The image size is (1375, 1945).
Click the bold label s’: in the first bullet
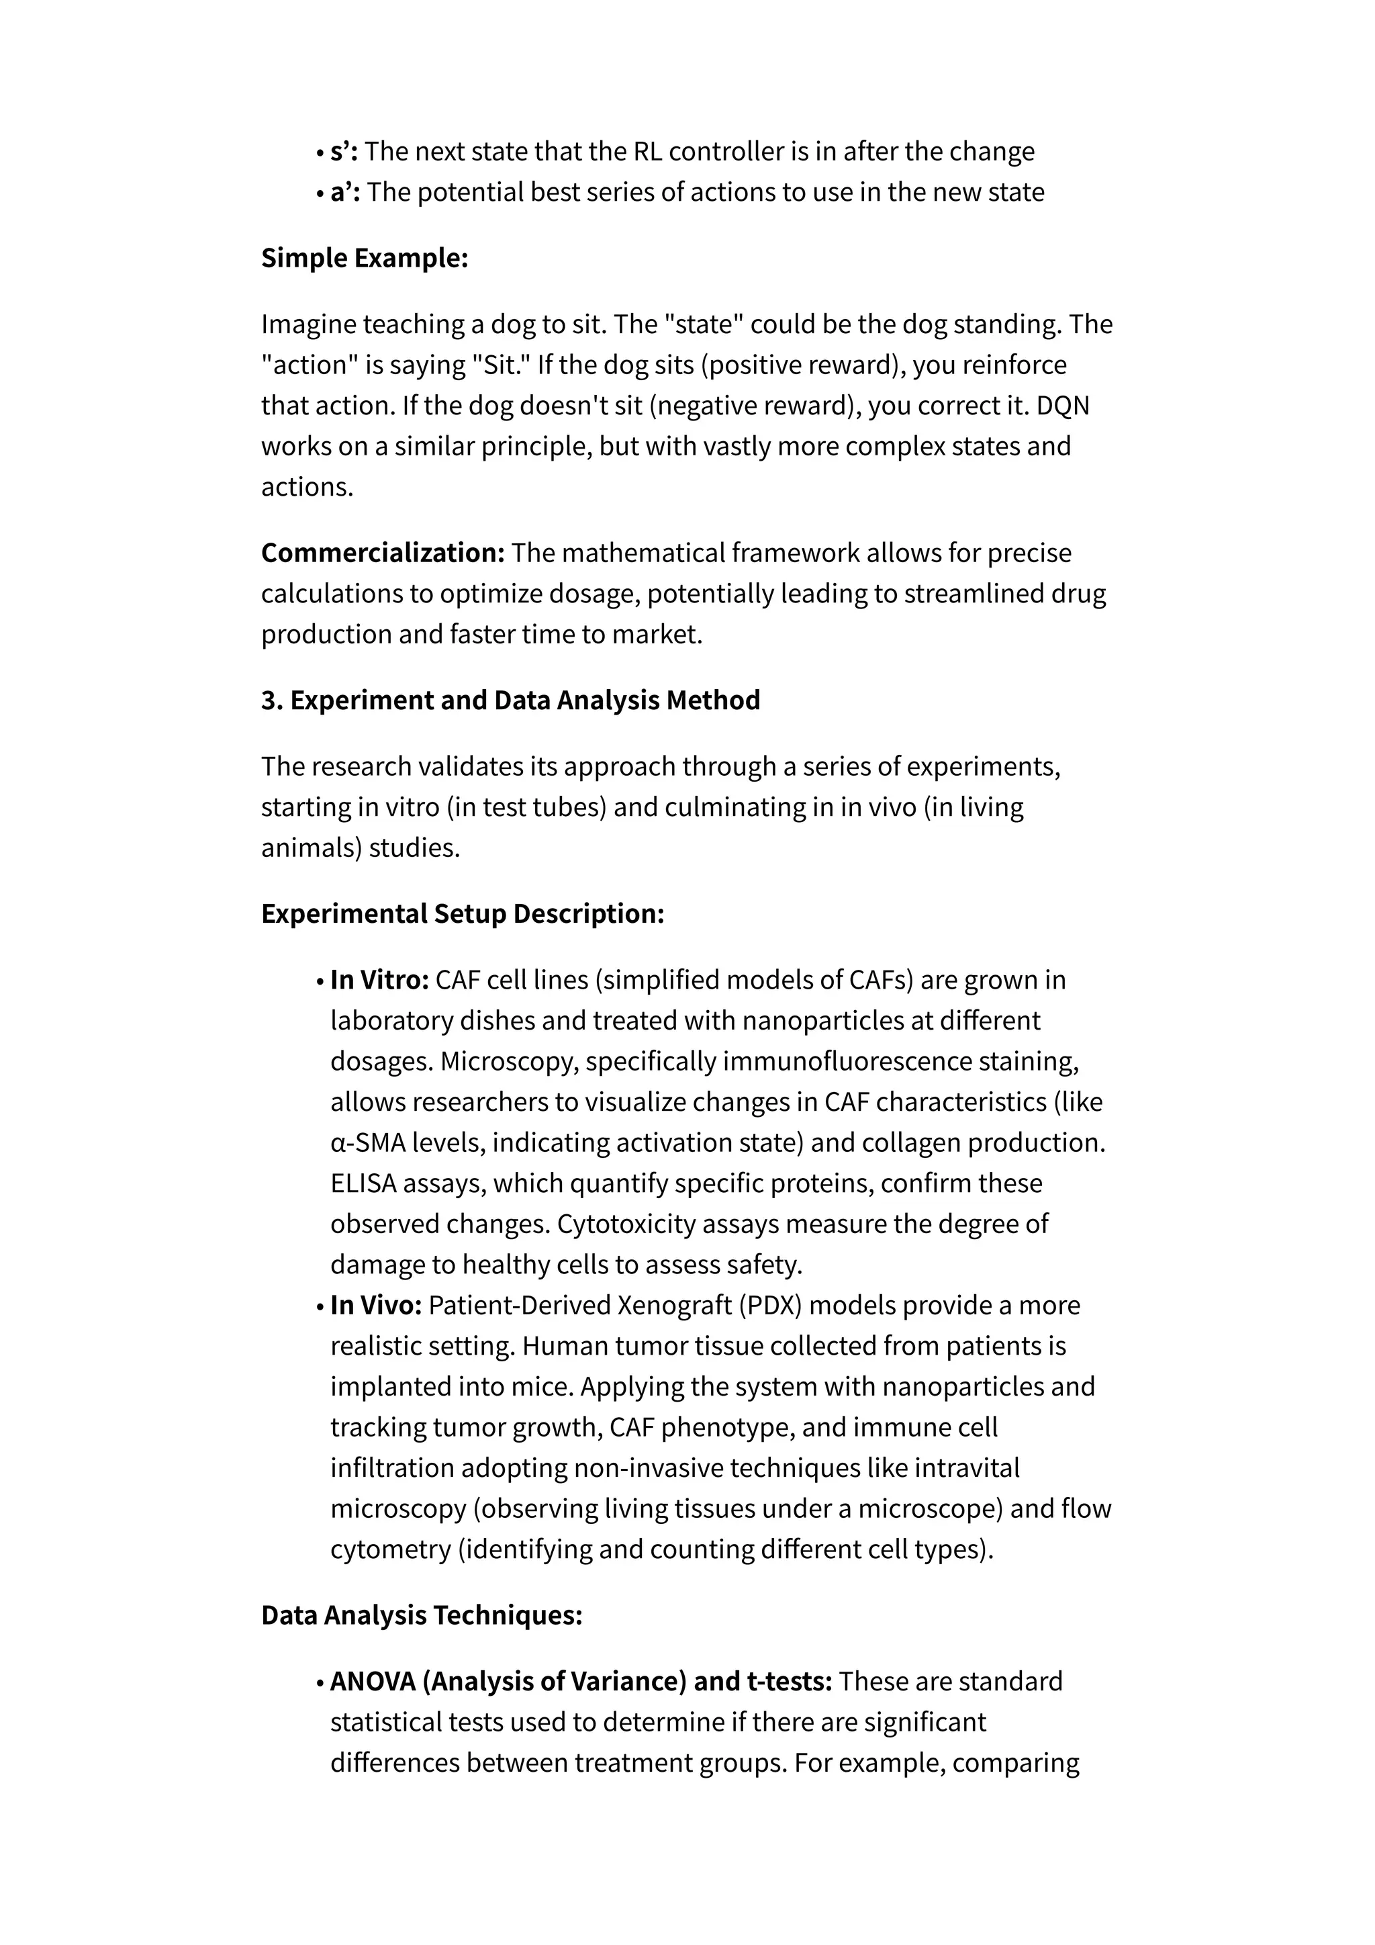[344, 152]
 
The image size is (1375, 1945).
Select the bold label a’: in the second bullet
[346, 192]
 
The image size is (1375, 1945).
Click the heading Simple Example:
[364, 257]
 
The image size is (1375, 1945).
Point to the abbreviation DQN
[1063, 406]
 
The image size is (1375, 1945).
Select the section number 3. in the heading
[271, 700]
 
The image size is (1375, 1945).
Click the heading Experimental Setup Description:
[463, 914]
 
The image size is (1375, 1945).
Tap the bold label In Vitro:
[379, 980]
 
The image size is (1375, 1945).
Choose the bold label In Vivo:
[376, 1306]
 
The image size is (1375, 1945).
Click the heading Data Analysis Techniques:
[422, 1615]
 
